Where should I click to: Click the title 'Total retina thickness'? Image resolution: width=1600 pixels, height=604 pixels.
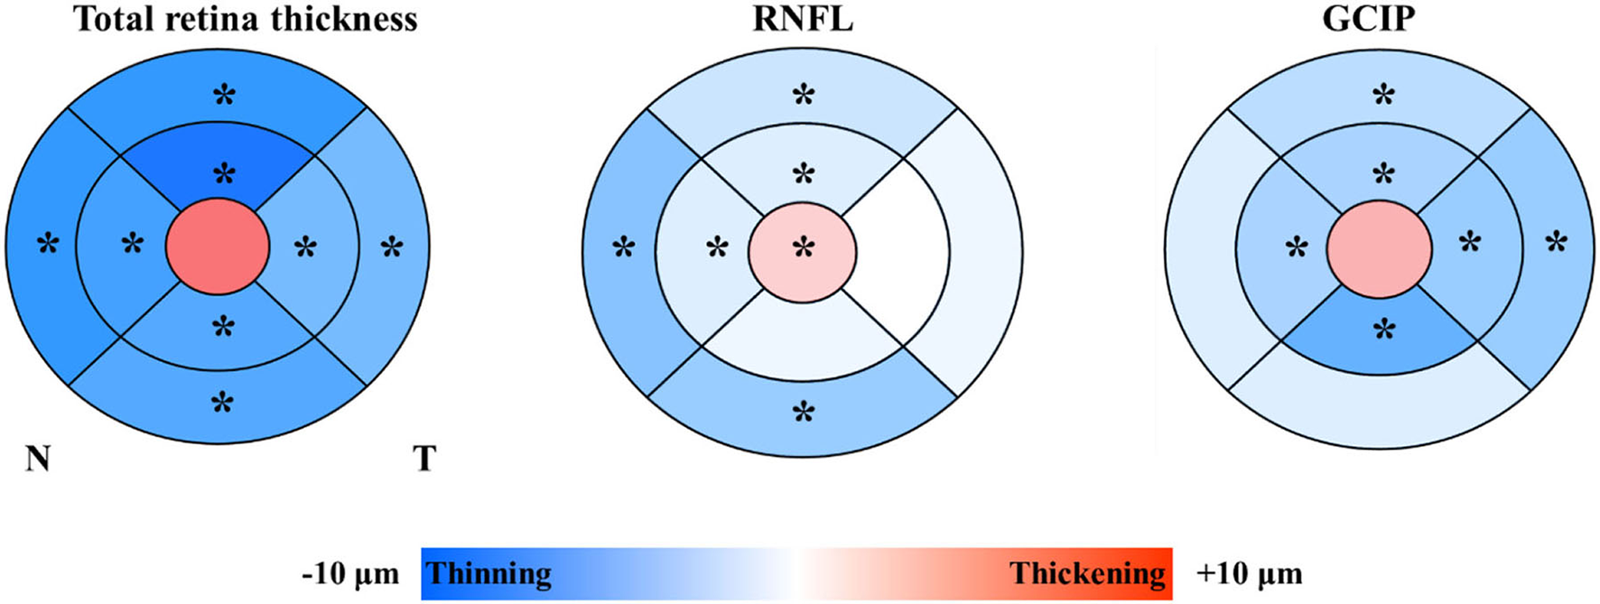tap(246, 19)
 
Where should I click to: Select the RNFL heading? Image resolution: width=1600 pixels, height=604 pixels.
tap(803, 19)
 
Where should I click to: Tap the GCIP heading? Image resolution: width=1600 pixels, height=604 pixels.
tap(1368, 19)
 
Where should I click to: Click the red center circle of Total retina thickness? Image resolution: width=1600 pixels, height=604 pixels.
tap(218, 246)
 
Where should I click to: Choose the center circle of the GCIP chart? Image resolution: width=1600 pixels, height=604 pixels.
tap(1379, 247)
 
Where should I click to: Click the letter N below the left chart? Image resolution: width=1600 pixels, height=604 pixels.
tap(38, 460)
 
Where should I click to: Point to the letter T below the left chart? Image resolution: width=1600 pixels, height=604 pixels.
tap(424, 460)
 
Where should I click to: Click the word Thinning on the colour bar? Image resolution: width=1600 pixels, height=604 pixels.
tap(488, 574)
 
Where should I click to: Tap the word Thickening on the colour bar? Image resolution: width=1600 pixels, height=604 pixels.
tap(1087, 574)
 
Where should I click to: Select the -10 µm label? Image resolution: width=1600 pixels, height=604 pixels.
tap(350, 574)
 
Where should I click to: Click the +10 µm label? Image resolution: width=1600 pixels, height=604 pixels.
tap(1250, 574)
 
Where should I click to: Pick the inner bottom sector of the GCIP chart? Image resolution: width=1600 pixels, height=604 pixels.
tap(1379, 348)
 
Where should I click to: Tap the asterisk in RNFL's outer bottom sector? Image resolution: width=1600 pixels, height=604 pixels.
tap(803, 414)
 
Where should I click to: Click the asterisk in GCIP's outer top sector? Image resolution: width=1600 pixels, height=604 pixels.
tap(1382, 94)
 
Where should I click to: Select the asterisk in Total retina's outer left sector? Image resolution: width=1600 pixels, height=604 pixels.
tap(48, 244)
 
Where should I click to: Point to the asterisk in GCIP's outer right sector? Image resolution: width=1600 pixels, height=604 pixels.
tap(1556, 243)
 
